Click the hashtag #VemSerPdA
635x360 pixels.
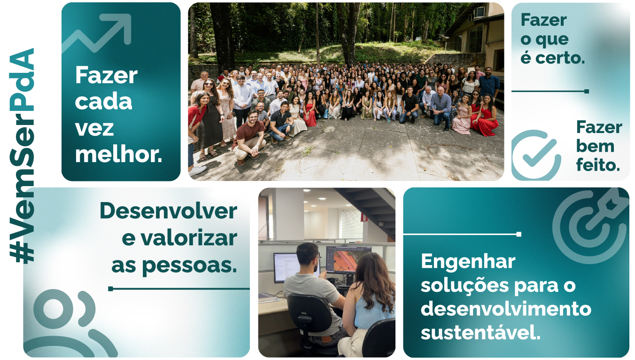(x=22, y=156)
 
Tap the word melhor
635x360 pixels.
(x=118, y=154)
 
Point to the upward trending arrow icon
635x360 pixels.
(x=96, y=33)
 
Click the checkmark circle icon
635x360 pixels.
(x=536, y=155)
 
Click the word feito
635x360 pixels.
(x=598, y=165)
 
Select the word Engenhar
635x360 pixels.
(x=468, y=262)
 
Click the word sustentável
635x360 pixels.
(x=480, y=332)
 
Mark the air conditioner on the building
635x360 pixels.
(x=479, y=13)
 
